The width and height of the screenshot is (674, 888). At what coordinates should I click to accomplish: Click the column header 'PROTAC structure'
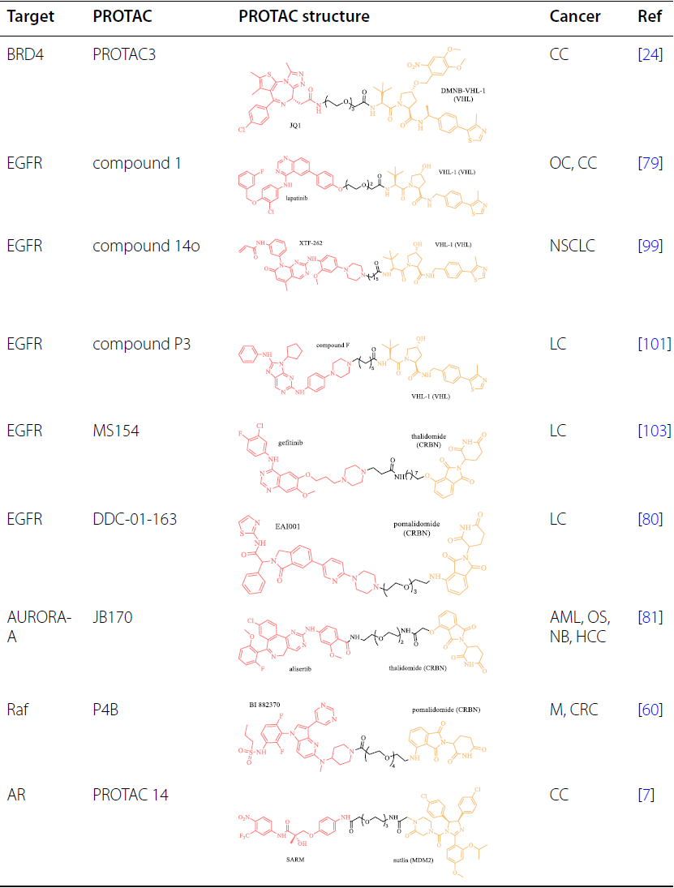(304, 16)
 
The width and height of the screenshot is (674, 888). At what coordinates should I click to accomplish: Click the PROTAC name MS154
(116, 431)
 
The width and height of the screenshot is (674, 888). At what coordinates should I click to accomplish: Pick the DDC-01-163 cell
(135, 518)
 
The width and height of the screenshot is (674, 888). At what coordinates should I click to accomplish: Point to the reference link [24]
(650, 55)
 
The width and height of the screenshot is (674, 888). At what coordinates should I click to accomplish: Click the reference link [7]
(647, 795)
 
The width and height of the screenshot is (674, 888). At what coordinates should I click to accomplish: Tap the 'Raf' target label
(18, 707)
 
